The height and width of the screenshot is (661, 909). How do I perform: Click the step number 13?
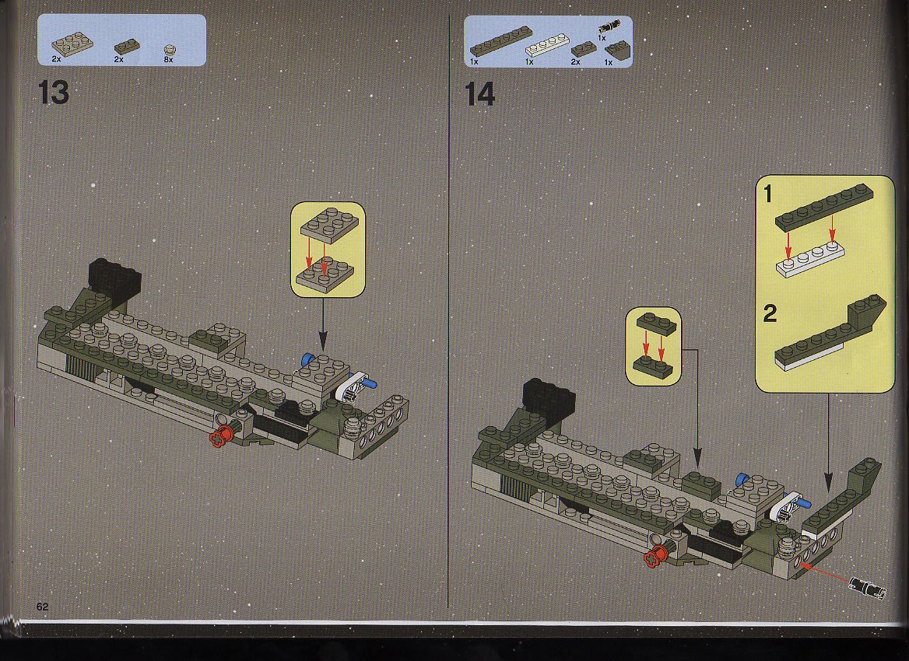click(54, 93)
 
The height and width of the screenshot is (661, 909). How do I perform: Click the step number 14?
click(480, 94)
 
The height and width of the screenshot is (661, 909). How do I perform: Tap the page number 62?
click(42, 607)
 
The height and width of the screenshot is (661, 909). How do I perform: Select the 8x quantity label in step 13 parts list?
click(169, 59)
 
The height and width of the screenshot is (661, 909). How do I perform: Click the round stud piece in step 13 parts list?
click(170, 50)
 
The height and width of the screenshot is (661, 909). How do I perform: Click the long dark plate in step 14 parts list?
click(501, 41)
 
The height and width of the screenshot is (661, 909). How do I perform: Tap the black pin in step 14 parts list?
click(610, 26)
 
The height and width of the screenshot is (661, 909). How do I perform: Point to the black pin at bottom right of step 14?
click(867, 586)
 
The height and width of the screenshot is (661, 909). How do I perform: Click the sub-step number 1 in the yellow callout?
click(769, 194)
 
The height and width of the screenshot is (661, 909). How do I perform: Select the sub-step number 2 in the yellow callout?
click(770, 313)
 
